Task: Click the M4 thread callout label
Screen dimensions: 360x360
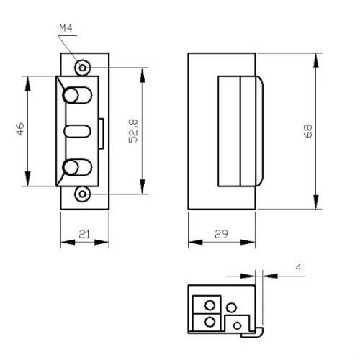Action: pyautogui.click(x=66, y=28)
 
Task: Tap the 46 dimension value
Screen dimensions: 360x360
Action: pyautogui.click(x=20, y=129)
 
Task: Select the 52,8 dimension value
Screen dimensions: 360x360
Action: pyautogui.click(x=133, y=131)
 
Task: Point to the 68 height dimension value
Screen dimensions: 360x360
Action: pyautogui.click(x=307, y=131)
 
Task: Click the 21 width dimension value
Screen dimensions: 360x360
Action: pyautogui.click(x=84, y=234)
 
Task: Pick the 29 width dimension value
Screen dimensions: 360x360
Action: pyautogui.click(x=221, y=234)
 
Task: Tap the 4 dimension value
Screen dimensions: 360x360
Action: pyautogui.click(x=298, y=268)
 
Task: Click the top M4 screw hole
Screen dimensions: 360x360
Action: pyautogui.click(x=82, y=68)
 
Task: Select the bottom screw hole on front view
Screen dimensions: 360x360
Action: pyautogui.click(x=82, y=194)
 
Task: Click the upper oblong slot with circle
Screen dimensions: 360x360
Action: pyautogui.click(x=77, y=95)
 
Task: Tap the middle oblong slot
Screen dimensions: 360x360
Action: pyautogui.click(x=77, y=131)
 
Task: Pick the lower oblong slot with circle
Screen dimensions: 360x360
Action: pyautogui.click(x=77, y=167)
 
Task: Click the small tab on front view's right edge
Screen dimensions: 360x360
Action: pyautogui.click(x=101, y=134)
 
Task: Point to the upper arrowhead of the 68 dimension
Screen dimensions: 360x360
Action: pyautogui.click(x=316, y=60)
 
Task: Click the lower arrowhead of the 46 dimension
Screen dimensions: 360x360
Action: pyautogui.click(x=28, y=179)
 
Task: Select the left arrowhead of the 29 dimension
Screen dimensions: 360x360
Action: pyautogui.click(x=195, y=242)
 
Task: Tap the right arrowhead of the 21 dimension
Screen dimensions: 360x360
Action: pyautogui.click(x=102, y=243)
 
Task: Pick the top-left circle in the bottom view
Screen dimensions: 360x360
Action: pyautogui.click(x=210, y=305)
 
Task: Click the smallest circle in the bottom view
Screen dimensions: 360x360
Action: pyautogui.click(x=237, y=326)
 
